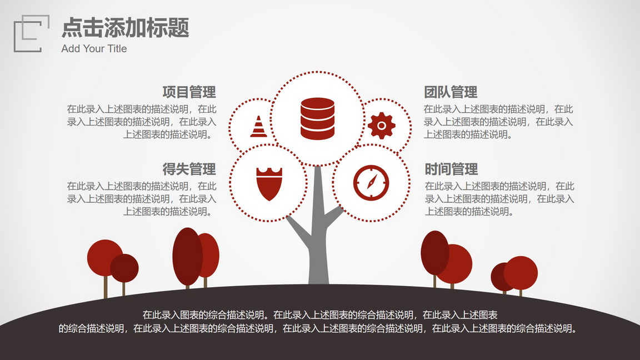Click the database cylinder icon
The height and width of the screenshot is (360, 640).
coord(317,119)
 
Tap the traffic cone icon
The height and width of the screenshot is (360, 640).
coord(258,127)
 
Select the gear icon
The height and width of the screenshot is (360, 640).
coord(382,126)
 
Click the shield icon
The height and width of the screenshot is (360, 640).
coord(269,184)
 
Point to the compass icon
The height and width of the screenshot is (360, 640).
coord(371,182)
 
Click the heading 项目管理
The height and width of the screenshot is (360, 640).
coord(189,92)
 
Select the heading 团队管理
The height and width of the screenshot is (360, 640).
coord(450,92)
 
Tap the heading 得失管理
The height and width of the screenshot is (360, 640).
coord(189,169)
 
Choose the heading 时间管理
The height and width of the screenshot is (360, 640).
coord(451,169)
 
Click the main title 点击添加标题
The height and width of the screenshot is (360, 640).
coord(126,28)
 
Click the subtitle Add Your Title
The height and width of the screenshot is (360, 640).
coord(94,48)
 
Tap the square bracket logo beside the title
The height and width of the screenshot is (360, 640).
coord(32,33)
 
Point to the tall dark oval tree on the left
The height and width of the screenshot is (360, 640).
coord(187,256)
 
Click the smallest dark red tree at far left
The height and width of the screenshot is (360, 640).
coord(124,268)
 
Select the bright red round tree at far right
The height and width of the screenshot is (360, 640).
coord(521,273)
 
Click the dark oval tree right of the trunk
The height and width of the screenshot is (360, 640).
coord(434,253)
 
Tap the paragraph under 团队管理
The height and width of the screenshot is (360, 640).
coord(498,122)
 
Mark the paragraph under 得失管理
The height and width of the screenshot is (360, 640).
coord(142,199)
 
